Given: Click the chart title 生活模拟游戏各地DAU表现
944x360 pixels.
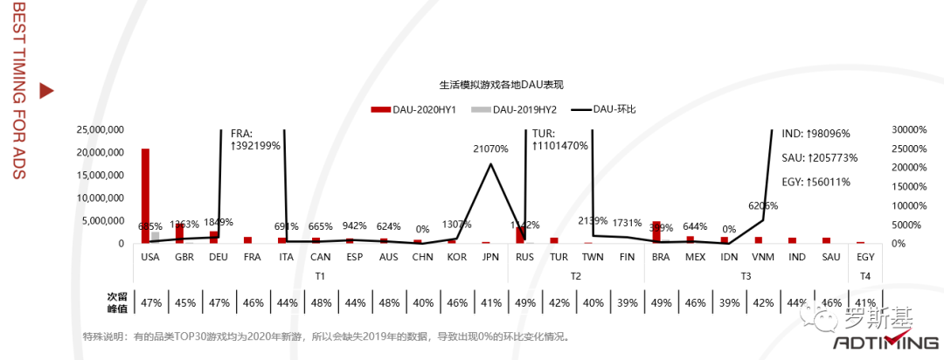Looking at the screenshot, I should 501,86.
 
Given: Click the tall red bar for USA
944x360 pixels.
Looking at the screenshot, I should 145,195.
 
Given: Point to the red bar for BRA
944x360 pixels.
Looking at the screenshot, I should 656,232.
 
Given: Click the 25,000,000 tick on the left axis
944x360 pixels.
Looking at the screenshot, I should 101,129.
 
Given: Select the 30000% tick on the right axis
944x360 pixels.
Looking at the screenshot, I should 909,129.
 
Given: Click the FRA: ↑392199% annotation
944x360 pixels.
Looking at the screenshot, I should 255,140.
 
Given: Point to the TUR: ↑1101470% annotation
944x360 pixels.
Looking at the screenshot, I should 559,140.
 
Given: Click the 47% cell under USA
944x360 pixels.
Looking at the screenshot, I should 151,303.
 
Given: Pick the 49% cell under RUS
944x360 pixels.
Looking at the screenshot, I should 525,303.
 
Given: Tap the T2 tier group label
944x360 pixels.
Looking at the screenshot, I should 576,276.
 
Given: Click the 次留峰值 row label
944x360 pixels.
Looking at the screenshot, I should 117,303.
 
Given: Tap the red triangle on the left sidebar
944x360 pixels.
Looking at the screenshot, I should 47,90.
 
